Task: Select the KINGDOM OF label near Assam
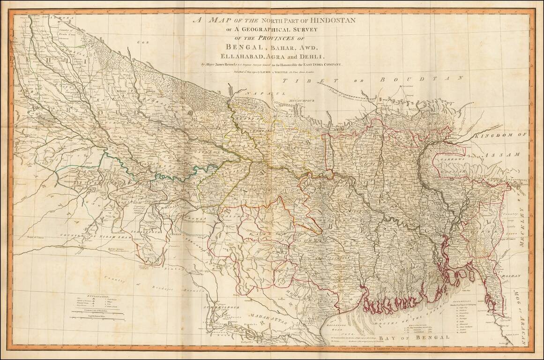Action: (x=503, y=135)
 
